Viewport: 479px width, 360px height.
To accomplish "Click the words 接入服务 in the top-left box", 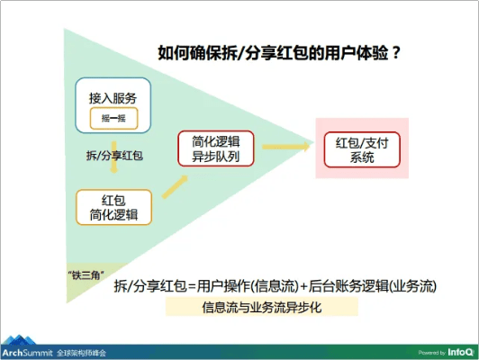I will click(113, 97).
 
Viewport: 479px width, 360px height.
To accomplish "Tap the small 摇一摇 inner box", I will click(114, 117).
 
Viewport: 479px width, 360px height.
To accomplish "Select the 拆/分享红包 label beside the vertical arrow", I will click(114, 154).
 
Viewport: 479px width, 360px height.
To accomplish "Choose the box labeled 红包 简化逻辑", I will click(113, 206).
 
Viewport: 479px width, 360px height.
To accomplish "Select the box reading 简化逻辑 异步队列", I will click(218, 148).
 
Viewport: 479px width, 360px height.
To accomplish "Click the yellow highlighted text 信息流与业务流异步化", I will click(262, 307).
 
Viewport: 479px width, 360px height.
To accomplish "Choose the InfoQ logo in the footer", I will click(458, 351).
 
